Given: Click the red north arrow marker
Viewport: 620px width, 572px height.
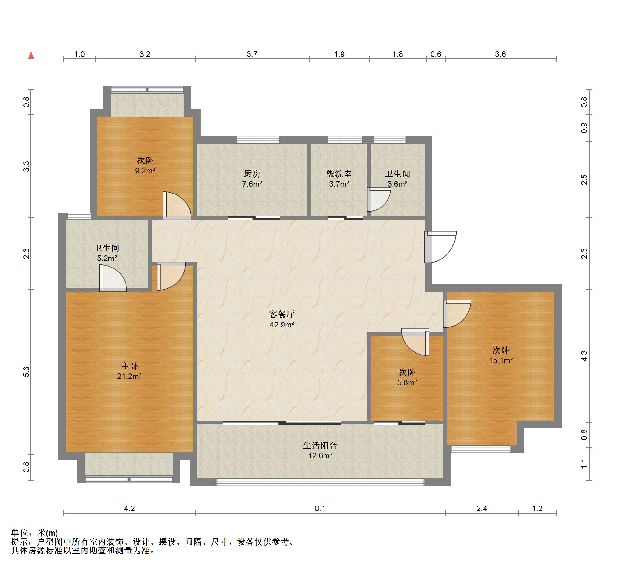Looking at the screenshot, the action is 31,55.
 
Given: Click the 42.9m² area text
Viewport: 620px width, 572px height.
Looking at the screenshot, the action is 282,325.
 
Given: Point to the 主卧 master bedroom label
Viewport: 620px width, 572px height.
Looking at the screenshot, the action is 129,366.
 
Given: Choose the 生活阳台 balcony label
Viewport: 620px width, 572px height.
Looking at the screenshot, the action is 320,445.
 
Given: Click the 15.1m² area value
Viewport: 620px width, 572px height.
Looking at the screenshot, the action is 501,360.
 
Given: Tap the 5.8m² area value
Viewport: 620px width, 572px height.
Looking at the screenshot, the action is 407,382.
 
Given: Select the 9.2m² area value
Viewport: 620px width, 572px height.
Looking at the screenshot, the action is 145,171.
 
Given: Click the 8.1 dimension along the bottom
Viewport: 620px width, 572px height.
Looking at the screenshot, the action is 320,508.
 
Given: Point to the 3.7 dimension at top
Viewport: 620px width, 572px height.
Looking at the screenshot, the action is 252,54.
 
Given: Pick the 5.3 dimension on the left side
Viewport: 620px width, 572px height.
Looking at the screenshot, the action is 26,372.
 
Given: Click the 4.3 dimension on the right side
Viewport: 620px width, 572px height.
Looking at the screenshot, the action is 584,356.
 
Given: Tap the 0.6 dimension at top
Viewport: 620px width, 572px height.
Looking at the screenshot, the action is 436,54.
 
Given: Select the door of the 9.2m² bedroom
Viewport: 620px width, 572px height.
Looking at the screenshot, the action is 177,205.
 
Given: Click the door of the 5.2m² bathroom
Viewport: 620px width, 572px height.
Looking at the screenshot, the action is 113,278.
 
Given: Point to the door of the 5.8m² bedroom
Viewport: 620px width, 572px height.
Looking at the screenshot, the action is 415,342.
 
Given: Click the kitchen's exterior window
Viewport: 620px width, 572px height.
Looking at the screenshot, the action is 258,140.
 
